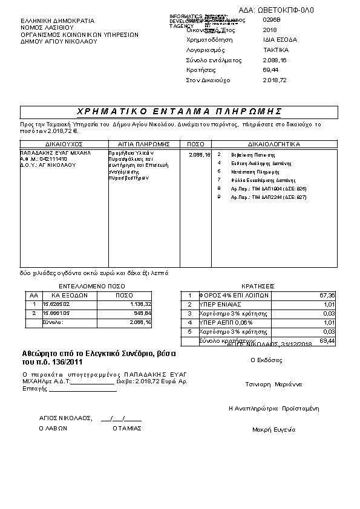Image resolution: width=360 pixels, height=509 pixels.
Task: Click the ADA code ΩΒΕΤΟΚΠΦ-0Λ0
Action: click(x=285, y=10)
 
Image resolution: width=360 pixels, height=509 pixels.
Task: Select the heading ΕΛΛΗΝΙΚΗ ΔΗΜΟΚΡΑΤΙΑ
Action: click(x=51, y=21)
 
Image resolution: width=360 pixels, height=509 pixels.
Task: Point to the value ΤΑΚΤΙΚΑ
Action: click(x=276, y=50)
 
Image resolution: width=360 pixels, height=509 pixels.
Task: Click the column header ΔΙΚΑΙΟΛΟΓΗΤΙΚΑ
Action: click(x=274, y=144)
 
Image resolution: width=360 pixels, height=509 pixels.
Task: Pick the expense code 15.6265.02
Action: click(x=56, y=304)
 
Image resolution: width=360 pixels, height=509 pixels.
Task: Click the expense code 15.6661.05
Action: click(x=56, y=314)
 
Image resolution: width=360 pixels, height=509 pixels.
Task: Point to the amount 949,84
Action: click(x=143, y=314)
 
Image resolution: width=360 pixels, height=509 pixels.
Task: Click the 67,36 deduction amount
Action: click(x=327, y=295)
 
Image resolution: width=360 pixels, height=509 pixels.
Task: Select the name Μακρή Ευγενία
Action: click(x=273, y=430)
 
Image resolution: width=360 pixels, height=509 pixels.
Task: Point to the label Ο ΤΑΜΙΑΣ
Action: click(x=127, y=428)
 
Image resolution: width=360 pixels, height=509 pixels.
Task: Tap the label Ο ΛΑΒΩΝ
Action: click(x=53, y=428)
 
